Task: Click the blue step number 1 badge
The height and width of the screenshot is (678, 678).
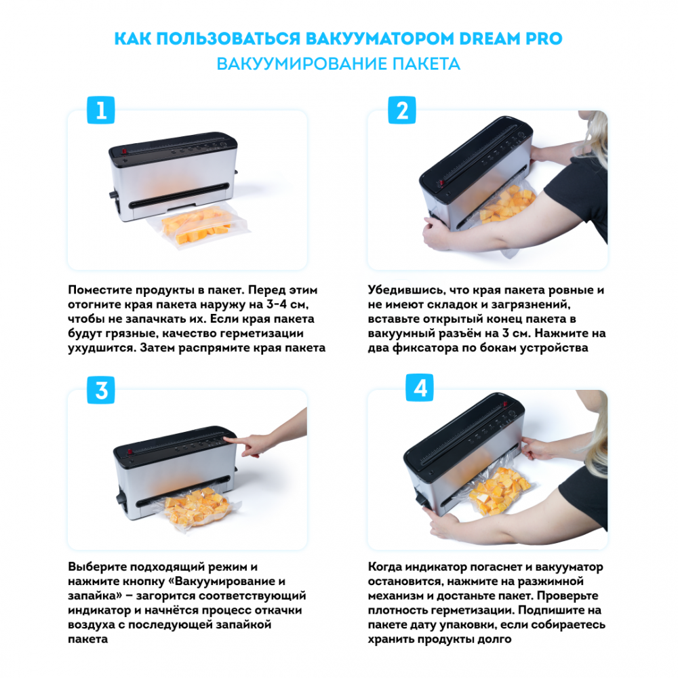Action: click(x=101, y=110)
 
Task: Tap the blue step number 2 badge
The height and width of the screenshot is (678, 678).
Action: click(x=402, y=110)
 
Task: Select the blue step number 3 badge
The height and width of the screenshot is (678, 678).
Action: click(x=101, y=390)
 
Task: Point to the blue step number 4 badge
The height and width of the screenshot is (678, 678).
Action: click(x=420, y=387)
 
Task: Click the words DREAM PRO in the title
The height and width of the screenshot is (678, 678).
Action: click(x=511, y=39)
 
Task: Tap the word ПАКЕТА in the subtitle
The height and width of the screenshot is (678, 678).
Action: click(x=426, y=64)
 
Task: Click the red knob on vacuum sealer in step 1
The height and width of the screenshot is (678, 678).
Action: click(x=124, y=151)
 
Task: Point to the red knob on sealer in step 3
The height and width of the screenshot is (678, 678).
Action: click(x=129, y=452)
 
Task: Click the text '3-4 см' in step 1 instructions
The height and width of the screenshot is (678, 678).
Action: click(x=285, y=304)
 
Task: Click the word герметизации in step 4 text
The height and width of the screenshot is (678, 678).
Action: click(x=468, y=611)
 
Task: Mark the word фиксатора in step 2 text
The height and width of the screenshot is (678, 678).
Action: click(x=424, y=348)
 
